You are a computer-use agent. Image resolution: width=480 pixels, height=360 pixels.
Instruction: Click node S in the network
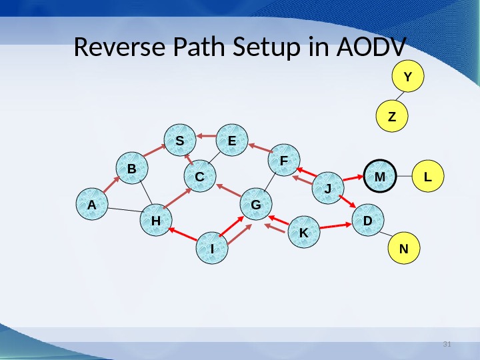point(180,140)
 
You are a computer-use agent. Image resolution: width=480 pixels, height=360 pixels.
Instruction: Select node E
point(232,140)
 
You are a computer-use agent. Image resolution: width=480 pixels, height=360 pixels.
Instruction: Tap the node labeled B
point(132,169)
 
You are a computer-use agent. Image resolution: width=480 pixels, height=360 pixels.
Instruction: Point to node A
point(91,206)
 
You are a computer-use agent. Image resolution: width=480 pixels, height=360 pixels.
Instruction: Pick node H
point(156,220)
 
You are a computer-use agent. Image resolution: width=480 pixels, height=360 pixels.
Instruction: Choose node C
point(200,177)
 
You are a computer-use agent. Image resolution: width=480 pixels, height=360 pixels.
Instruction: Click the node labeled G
point(255,206)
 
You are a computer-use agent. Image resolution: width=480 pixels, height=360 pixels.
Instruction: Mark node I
point(212,248)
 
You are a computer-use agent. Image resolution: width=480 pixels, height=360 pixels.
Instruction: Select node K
point(303,233)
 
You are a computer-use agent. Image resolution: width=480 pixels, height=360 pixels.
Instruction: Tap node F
point(283,161)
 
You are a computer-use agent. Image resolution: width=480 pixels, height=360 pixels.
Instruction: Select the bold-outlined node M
point(380,177)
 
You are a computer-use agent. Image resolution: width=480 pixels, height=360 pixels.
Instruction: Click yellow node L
point(428,177)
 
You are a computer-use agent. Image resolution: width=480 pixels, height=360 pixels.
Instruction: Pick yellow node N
point(403,248)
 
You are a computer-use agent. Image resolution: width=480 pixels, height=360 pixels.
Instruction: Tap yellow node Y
point(408,77)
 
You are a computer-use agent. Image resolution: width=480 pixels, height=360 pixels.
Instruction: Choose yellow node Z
point(392,117)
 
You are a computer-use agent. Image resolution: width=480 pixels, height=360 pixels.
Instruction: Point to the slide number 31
point(447,344)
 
